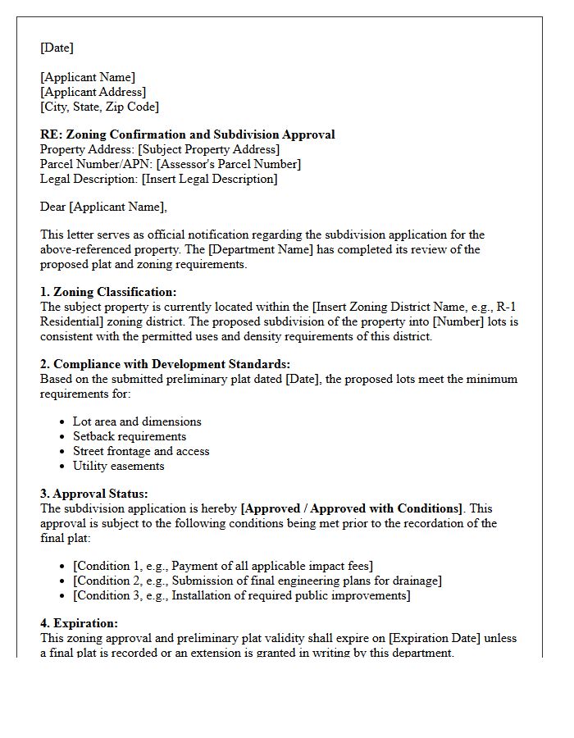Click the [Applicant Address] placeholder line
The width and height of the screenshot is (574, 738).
click(93, 92)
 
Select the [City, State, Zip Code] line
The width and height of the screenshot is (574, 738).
click(99, 107)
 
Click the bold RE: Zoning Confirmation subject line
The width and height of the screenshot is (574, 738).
click(187, 134)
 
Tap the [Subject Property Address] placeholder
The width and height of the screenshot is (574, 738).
click(208, 149)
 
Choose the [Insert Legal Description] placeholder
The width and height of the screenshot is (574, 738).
click(209, 179)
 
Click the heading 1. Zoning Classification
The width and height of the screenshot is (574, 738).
click(108, 292)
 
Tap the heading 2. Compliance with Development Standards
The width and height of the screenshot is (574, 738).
click(165, 364)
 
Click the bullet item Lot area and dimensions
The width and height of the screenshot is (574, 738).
click(137, 421)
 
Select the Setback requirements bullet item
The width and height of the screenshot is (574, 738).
click(130, 436)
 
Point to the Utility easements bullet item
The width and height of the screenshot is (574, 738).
click(119, 466)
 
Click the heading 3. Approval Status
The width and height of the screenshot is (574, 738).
click(94, 494)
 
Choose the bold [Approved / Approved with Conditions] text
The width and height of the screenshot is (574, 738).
click(351, 508)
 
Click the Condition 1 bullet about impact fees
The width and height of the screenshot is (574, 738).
click(223, 566)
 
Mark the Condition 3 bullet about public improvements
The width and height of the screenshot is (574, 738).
click(241, 595)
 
